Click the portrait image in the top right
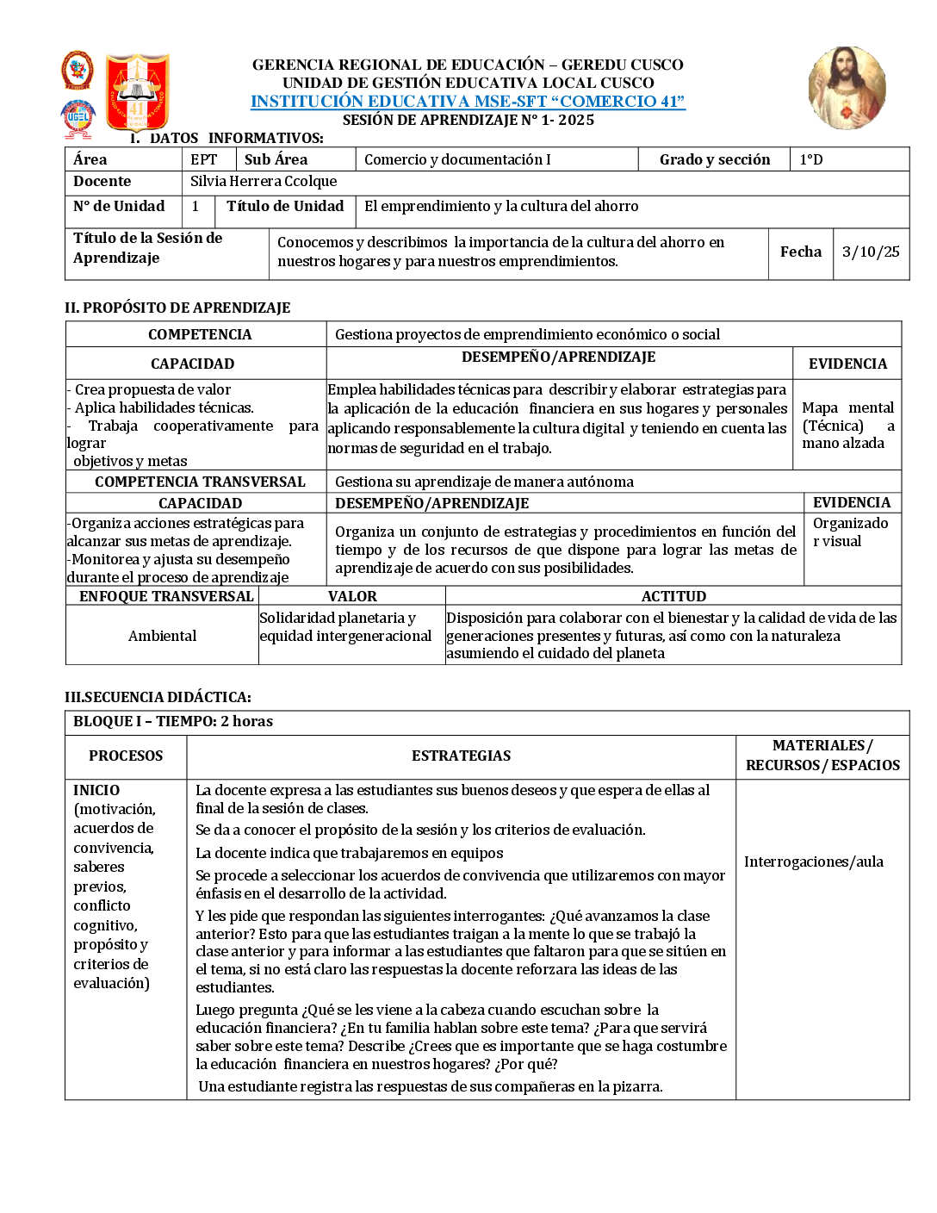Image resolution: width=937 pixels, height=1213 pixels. point(847,88)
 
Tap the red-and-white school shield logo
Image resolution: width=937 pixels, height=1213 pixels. point(137,92)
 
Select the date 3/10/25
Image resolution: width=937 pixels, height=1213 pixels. point(871,252)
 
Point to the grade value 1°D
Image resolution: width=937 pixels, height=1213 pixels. point(811,160)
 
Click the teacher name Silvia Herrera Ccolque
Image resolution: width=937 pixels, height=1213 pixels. point(264,182)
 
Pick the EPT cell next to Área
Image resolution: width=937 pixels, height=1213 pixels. point(204,160)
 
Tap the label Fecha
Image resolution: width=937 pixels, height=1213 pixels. point(801,252)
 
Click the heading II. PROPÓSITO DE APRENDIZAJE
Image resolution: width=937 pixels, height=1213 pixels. point(177,308)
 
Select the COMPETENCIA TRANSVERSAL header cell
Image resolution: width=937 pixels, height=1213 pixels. point(200,482)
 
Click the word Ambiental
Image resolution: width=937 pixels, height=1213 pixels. point(162,637)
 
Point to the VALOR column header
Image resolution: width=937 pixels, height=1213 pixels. point(352,597)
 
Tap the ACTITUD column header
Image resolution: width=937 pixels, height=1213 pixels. point(673,597)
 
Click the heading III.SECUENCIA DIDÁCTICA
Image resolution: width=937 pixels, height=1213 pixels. point(158,698)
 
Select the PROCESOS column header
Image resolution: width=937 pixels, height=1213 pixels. point(126,756)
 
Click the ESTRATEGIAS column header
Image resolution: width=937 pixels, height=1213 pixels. point(461,756)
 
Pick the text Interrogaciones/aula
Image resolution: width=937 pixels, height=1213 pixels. point(814,862)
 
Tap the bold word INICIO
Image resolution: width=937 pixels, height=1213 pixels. point(96,791)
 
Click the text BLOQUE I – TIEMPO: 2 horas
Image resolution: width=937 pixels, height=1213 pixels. point(173,722)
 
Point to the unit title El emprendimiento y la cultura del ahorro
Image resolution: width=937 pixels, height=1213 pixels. point(501,207)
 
